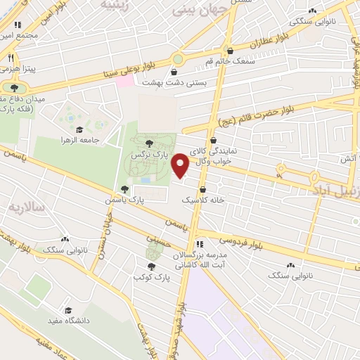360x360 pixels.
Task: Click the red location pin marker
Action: click(180, 166)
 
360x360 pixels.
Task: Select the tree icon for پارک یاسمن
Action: click(124, 189)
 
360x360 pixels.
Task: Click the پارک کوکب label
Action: click(149, 278)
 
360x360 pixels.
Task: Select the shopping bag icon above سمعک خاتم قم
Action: click(229, 50)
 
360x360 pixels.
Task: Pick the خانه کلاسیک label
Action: click(202, 200)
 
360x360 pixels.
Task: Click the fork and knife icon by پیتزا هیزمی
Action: click(11, 58)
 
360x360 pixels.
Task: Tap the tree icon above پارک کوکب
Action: click(151, 266)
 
